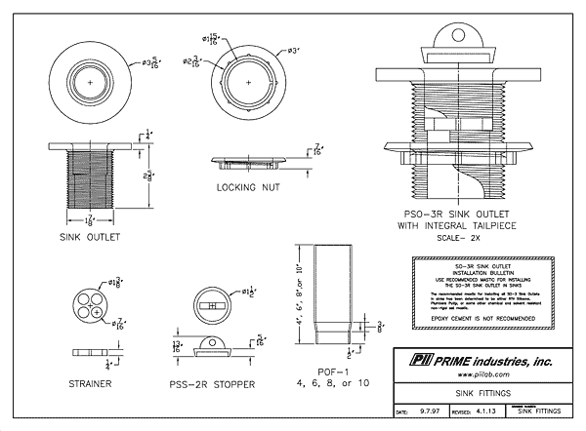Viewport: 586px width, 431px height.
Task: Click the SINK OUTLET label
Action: click(89, 237)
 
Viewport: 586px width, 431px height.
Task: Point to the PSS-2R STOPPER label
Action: click(213, 384)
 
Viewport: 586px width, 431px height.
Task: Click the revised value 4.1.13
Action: click(486, 413)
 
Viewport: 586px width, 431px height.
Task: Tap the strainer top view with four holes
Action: click(89, 302)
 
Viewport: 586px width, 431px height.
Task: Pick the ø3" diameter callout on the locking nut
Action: click(291, 50)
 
